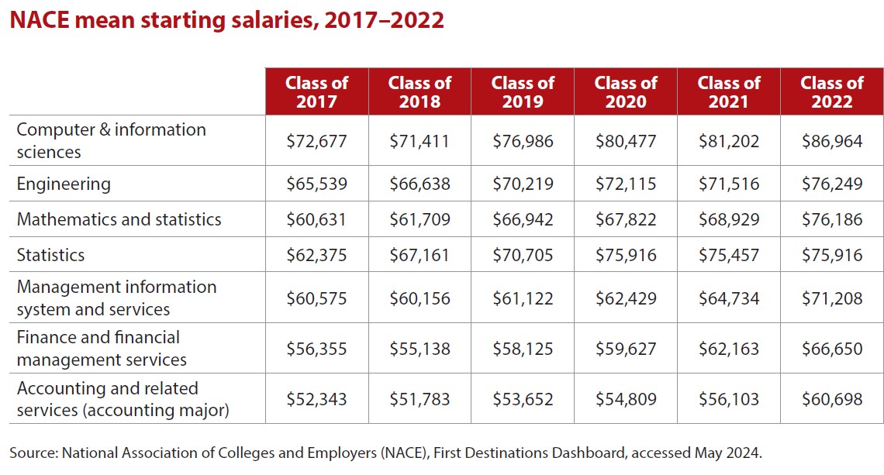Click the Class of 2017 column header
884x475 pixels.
pyautogui.click(x=316, y=91)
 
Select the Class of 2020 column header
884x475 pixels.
pyautogui.click(x=626, y=91)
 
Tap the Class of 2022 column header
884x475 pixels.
pyautogui.click(x=832, y=91)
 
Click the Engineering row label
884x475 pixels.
pyautogui.click(x=64, y=184)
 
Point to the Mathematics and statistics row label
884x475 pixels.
pyautogui.click(x=119, y=220)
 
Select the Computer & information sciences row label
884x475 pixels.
pyautogui.click(x=111, y=141)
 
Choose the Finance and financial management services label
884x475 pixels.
pyautogui.click(x=102, y=349)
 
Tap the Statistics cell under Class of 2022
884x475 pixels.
pyautogui.click(x=832, y=256)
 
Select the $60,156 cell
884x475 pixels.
pyautogui.click(x=420, y=299)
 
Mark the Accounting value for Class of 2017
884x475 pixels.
pyautogui.click(x=316, y=400)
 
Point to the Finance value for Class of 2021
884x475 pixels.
pyautogui.click(x=729, y=349)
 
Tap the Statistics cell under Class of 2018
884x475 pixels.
pyautogui.click(x=420, y=256)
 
